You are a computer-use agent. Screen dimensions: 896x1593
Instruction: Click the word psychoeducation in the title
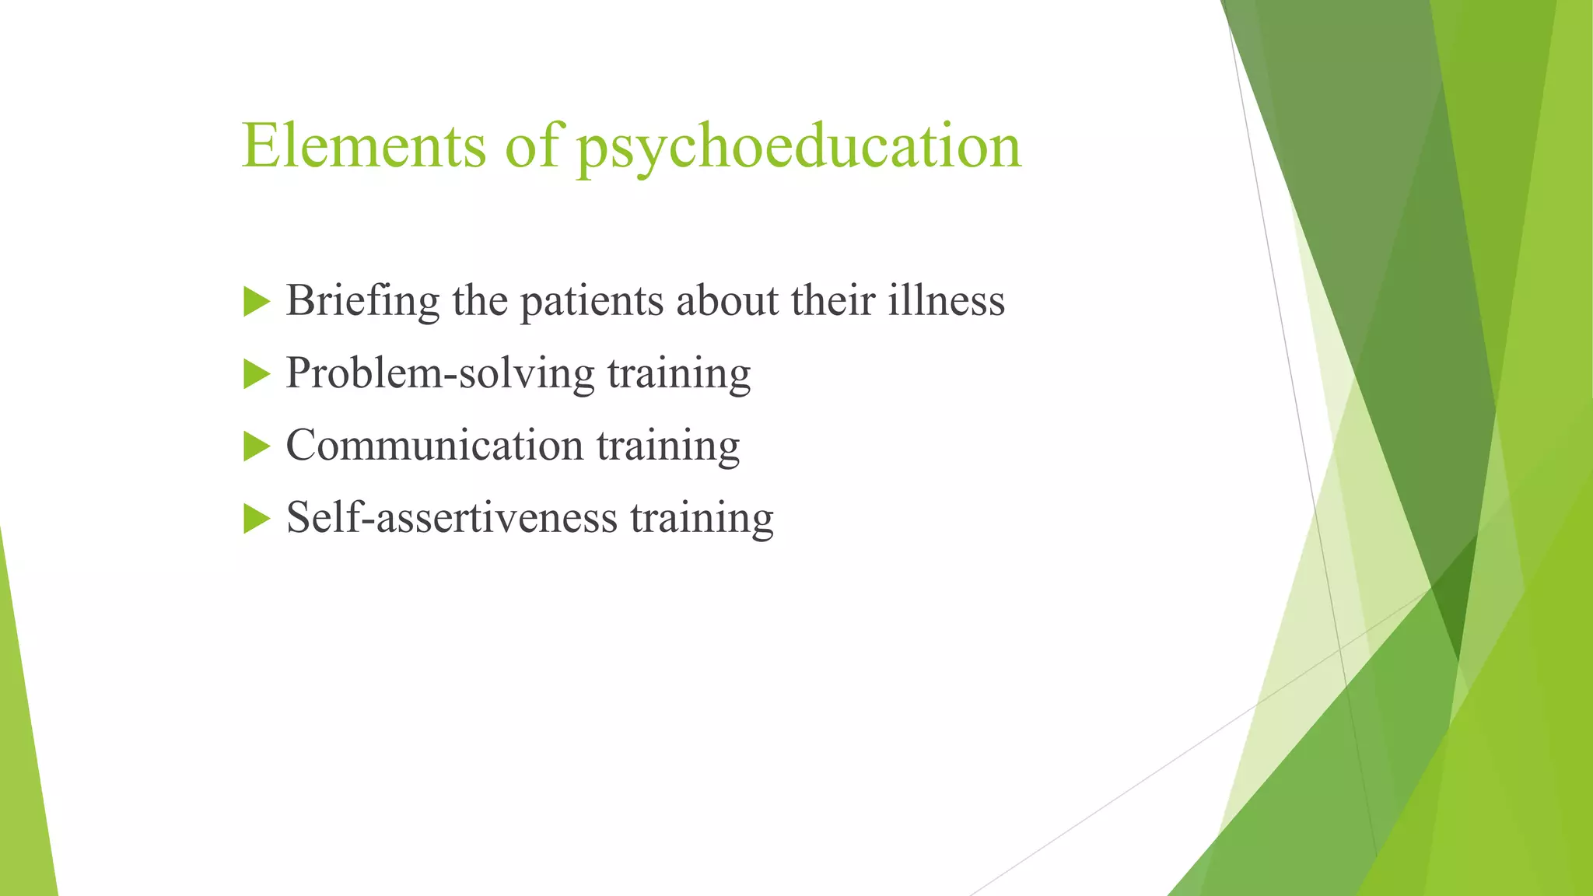[x=798, y=148]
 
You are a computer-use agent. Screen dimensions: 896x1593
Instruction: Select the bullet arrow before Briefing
[x=256, y=301]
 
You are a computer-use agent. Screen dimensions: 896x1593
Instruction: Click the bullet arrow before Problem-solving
[x=256, y=374]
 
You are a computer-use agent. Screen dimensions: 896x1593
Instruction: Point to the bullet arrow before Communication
[x=256, y=446]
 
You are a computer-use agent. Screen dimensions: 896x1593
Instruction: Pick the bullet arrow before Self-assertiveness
[x=256, y=519]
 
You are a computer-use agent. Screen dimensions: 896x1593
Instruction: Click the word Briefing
[x=362, y=302]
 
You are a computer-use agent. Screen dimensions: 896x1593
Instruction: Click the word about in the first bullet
[x=728, y=301]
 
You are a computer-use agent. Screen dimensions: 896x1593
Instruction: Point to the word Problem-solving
[x=440, y=374]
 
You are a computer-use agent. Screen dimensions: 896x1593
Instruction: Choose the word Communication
[x=435, y=446]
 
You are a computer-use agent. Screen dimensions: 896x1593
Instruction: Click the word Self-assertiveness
[x=452, y=518]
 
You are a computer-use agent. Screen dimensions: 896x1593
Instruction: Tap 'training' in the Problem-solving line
[x=679, y=374]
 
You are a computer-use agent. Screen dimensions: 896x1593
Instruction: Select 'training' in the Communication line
[x=668, y=446]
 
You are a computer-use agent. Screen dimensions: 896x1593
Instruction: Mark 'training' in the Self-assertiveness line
[x=702, y=519]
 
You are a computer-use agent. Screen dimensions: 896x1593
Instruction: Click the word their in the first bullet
[x=833, y=301]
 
